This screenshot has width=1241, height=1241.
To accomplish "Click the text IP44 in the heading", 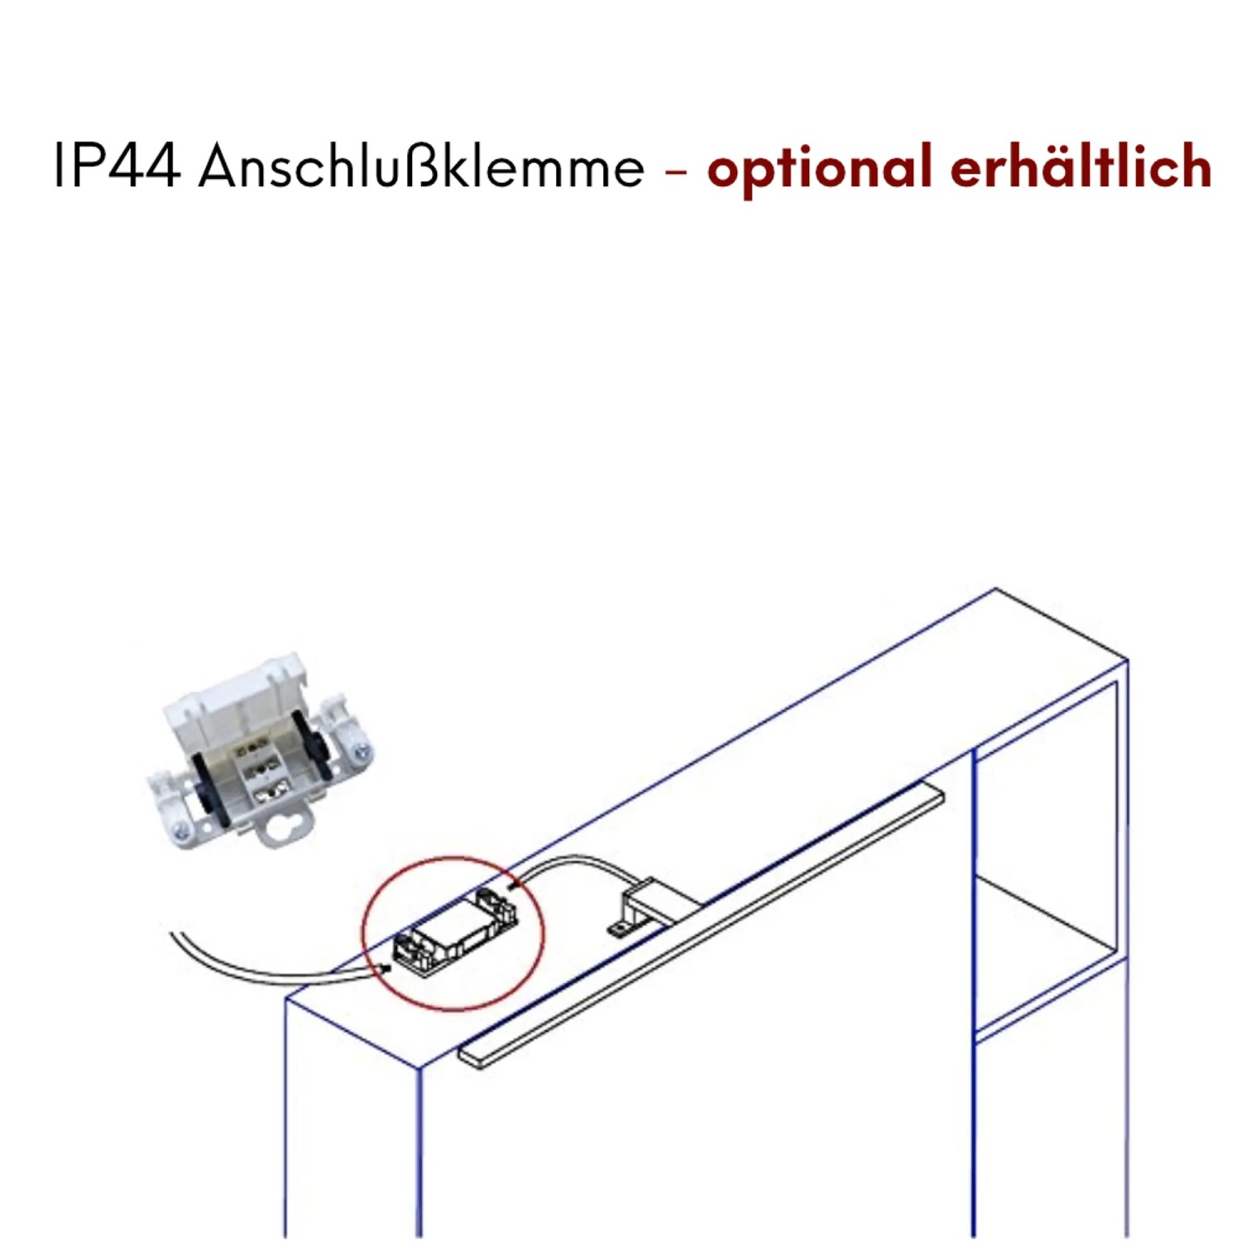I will (x=116, y=166).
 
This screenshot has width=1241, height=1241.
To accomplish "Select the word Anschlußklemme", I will (x=421, y=166).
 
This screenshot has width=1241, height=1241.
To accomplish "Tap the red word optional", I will (x=819, y=168).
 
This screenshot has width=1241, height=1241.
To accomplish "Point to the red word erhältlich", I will (x=1080, y=166).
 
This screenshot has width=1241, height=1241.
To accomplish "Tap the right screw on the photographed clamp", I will (x=362, y=752).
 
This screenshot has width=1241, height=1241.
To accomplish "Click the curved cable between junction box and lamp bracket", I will (x=571, y=865).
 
